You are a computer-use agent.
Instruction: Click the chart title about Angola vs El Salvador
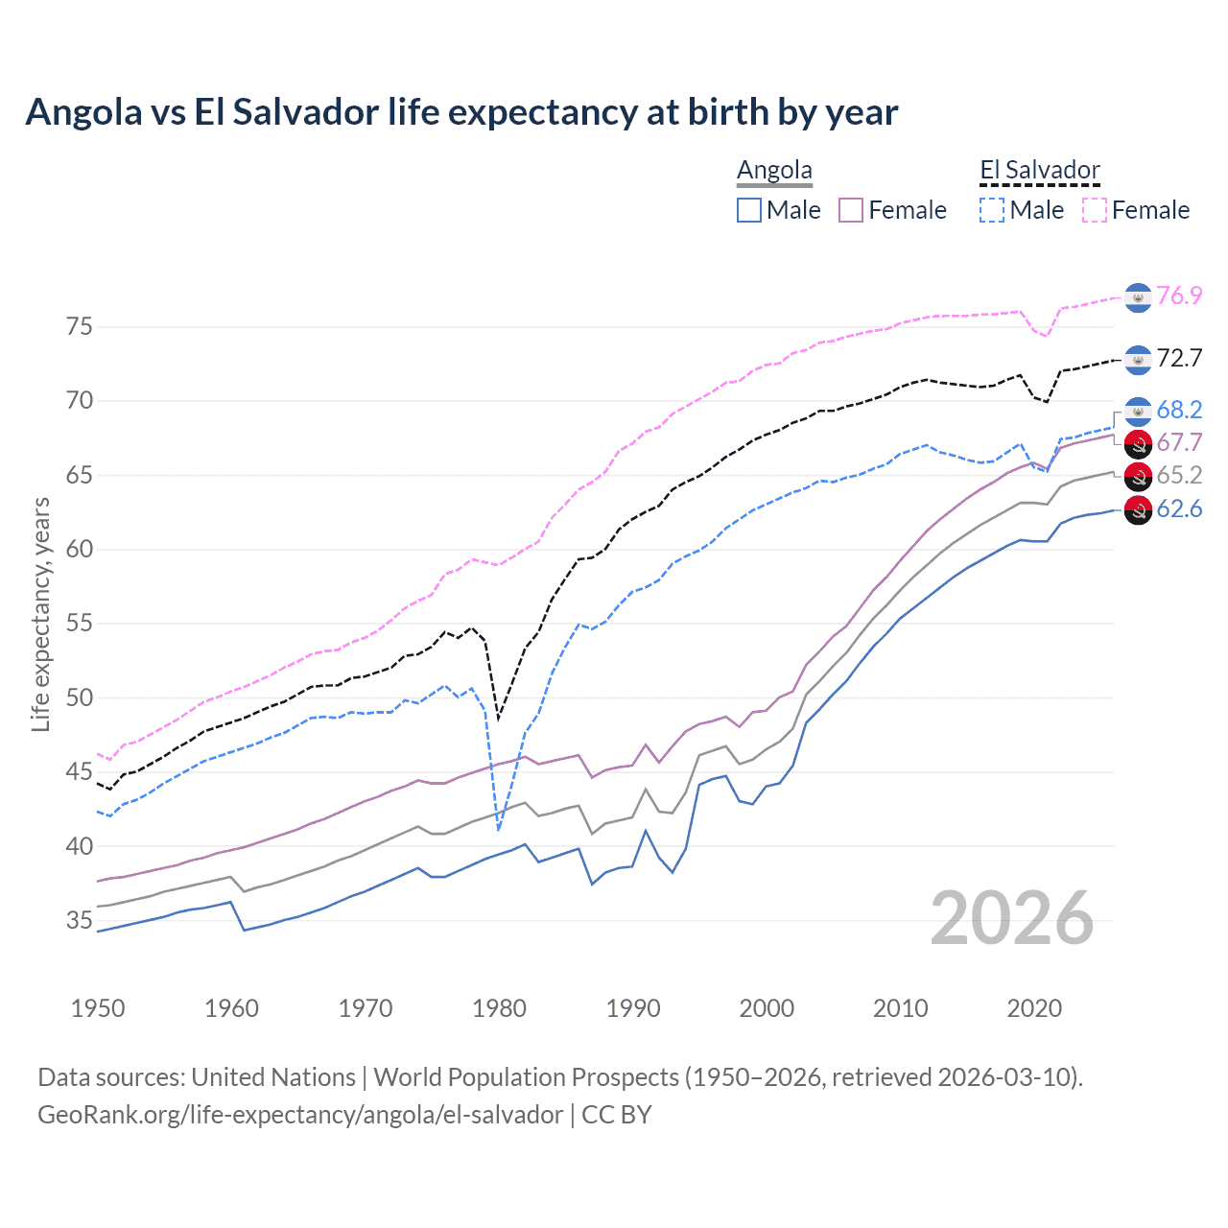pos(461,112)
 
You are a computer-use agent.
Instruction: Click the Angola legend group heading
pos(774,171)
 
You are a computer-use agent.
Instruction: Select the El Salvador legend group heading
pos(1039,171)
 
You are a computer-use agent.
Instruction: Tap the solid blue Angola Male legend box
pos(749,210)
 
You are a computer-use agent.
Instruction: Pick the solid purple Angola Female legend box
pos(851,210)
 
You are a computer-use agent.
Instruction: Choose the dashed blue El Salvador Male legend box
pos(992,210)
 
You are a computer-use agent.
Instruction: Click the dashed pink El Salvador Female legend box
pos(1095,210)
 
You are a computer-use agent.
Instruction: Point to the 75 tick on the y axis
pos(80,327)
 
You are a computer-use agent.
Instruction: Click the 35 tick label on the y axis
pos(80,921)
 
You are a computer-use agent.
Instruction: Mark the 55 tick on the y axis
pos(80,624)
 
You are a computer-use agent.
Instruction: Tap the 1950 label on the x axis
pos(98,1008)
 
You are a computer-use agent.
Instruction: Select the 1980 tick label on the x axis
pos(499,1008)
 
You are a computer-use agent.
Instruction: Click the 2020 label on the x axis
pos(1034,1008)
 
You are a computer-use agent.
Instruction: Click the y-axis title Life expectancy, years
pos(40,614)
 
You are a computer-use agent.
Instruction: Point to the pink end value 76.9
pos(1179,296)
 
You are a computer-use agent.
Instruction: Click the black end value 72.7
pos(1179,359)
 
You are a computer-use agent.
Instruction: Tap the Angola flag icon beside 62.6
pos(1138,510)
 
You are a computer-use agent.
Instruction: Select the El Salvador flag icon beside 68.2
pos(1138,411)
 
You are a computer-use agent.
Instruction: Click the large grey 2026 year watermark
pos(1012,918)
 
